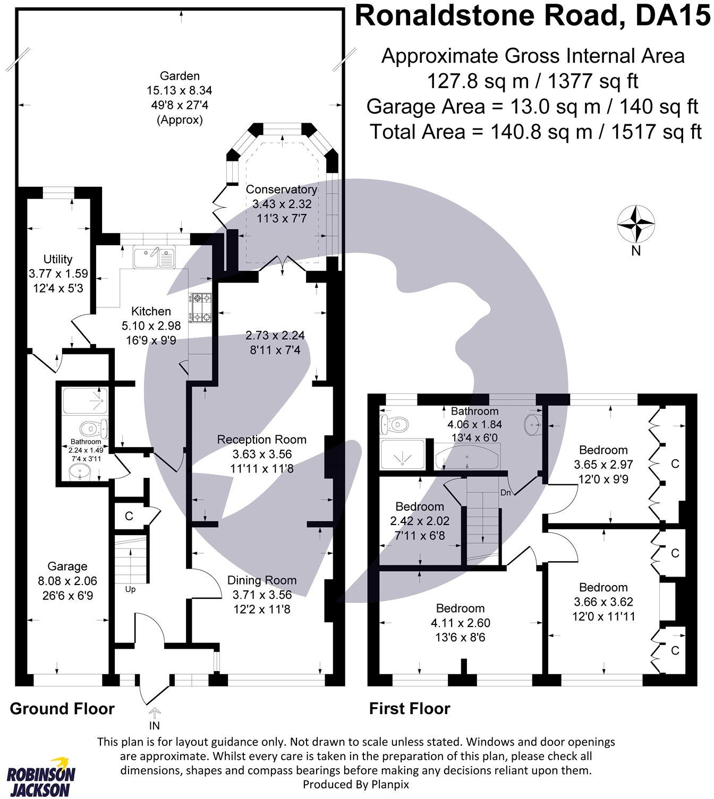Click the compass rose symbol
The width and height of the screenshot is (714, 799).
[635, 225]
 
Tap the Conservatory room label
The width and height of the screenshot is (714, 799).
[281, 190]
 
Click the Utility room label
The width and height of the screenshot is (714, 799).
[58, 259]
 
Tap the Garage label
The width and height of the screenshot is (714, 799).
[67, 566]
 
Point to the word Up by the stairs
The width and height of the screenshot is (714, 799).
[131, 589]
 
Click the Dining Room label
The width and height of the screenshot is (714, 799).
[262, 580]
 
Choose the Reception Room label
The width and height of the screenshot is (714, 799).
[262, 440]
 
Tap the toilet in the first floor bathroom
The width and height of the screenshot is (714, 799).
[394, 424]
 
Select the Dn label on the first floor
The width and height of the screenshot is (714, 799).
[506, 492]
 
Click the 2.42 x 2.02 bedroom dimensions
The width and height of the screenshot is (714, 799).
[420, 521]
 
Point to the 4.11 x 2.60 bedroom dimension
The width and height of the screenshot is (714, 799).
[460, 623]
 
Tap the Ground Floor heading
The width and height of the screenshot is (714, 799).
[62, 709]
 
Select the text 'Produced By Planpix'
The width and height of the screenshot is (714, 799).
[356, 784]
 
